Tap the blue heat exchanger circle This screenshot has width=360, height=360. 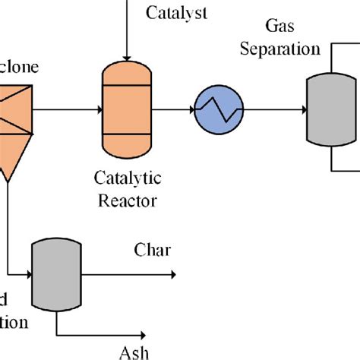[216, 111]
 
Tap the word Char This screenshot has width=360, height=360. [152, 250]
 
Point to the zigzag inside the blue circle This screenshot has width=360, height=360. [216, 111]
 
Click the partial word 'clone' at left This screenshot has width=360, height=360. [18, 67]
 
